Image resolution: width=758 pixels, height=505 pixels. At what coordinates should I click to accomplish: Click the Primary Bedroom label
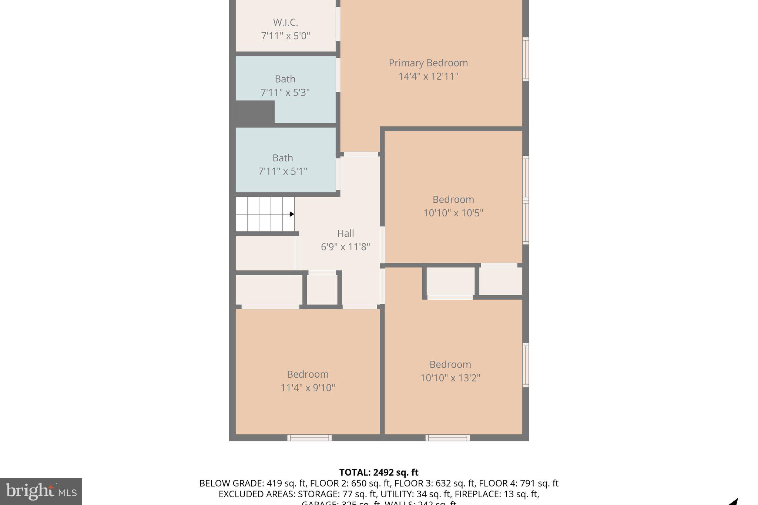(x=428, y=63)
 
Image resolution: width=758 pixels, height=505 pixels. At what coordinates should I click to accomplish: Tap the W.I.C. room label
(x=285, y=23)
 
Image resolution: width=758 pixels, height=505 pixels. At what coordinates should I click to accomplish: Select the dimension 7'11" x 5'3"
(x=285, y=92)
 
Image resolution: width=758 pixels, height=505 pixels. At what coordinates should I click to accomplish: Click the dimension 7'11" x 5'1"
(x=283, y=171)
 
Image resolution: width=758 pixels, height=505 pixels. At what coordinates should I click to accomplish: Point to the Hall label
(x=345, y=233)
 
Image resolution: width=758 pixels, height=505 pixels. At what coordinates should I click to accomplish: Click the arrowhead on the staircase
(x=292, y=214)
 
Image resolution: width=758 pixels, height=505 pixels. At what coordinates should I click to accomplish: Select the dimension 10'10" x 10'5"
(x=453, y=213)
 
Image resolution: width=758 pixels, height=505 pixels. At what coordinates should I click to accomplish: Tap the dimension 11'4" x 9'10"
(x=308, y=388)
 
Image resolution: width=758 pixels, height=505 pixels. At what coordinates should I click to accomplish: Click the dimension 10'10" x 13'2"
(x=450, y=378)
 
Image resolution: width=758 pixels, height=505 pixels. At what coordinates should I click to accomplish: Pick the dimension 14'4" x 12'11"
(x=428, y=77)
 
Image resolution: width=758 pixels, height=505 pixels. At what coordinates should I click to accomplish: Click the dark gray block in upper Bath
(x=255, y=112)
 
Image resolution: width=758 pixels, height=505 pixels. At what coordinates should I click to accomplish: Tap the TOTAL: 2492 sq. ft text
(x=379, y=472)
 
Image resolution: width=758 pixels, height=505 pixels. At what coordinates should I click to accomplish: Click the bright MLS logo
(x=41, y=491)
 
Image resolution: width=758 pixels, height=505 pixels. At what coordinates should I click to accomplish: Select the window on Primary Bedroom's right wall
(x=525, y=59)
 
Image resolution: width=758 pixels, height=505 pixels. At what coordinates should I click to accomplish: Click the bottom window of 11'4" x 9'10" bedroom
(x=309, y=438)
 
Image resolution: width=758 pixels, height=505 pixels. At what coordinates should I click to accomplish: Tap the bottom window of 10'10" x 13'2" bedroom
(x=447, y=438)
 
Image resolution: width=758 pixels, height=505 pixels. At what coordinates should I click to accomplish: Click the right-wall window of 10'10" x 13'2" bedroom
(x=525, y=365)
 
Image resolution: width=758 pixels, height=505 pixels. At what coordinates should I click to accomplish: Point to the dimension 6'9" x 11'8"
(x=345, y=247)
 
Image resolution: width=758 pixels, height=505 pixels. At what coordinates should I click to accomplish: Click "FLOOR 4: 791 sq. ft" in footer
(x=519, y=483)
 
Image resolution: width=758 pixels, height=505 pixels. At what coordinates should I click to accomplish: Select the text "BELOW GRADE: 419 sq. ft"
(x=253, y=483)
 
